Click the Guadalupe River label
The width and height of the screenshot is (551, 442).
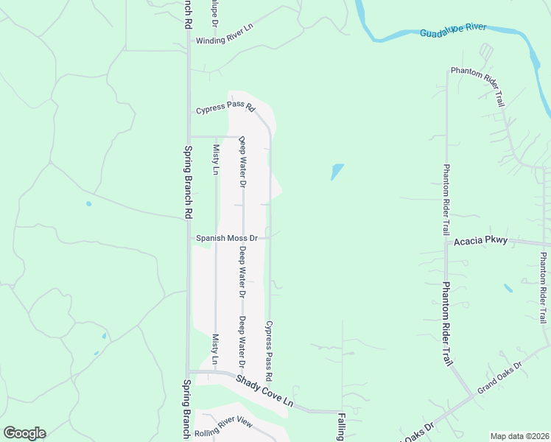pyautogui.click(x=453, y=29)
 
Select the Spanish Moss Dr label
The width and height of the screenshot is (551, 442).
pyautogui.click(x=227, y=239)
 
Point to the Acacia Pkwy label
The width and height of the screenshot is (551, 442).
pyautogui.click(x=480, y=242)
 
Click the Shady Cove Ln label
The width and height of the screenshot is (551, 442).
pyautogui.click(x=264, y=393)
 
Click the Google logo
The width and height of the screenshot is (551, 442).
pyautogui.click(x=24, y=433)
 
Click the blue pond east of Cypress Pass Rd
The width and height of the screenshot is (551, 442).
pyautogui.click(x=337, y=172)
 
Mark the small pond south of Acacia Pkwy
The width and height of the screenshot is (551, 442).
pyautogui.click(x=508, y=288)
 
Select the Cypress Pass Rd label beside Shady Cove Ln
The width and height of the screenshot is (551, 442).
pyautogui.click(x=270, y=350)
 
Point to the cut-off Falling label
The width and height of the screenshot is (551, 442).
pyautogui.click(x=342, y=427)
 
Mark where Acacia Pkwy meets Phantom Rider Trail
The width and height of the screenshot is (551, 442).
pyautogui.click(x=446, y=242)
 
